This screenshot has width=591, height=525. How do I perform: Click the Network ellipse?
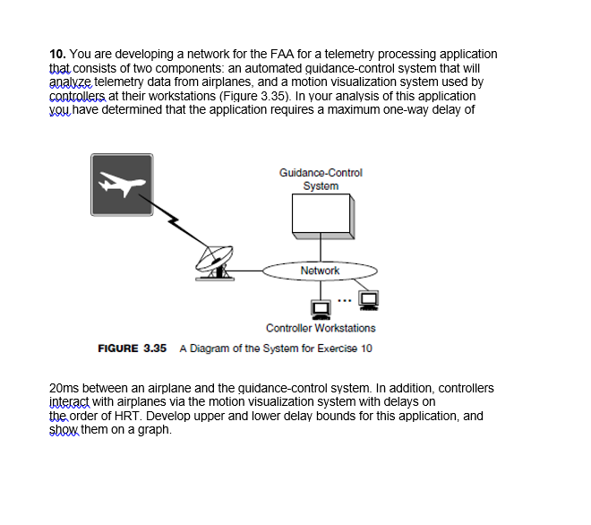320,270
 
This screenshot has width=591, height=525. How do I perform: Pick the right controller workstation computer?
368,300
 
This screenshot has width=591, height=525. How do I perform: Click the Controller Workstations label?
321,329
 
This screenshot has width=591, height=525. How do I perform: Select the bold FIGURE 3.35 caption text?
133,348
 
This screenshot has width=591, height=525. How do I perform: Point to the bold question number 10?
53,55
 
